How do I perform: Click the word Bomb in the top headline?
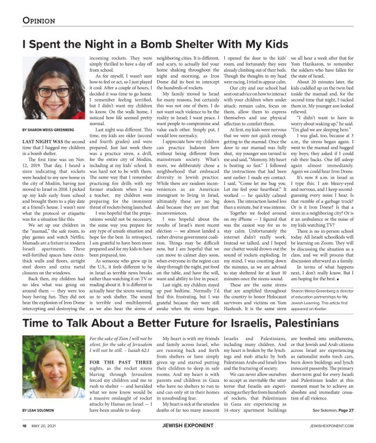[149, 43]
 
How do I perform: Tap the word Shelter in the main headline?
[193, 43]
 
